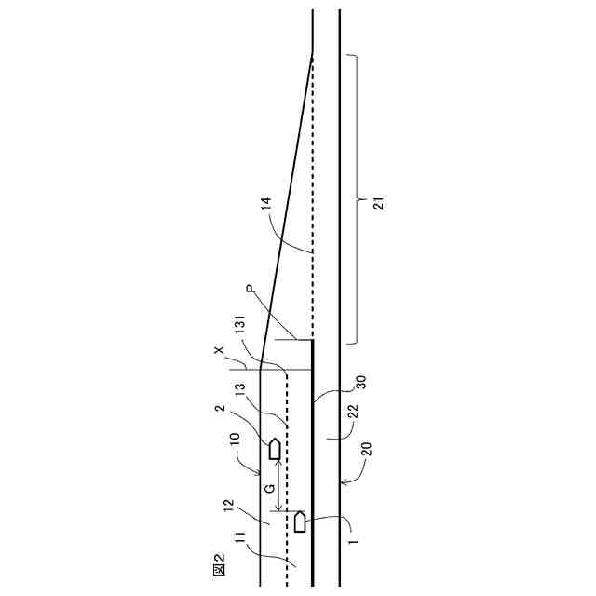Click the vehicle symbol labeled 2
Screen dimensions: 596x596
[x=275, y=449]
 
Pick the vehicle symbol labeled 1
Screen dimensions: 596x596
[x=300, y=521]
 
